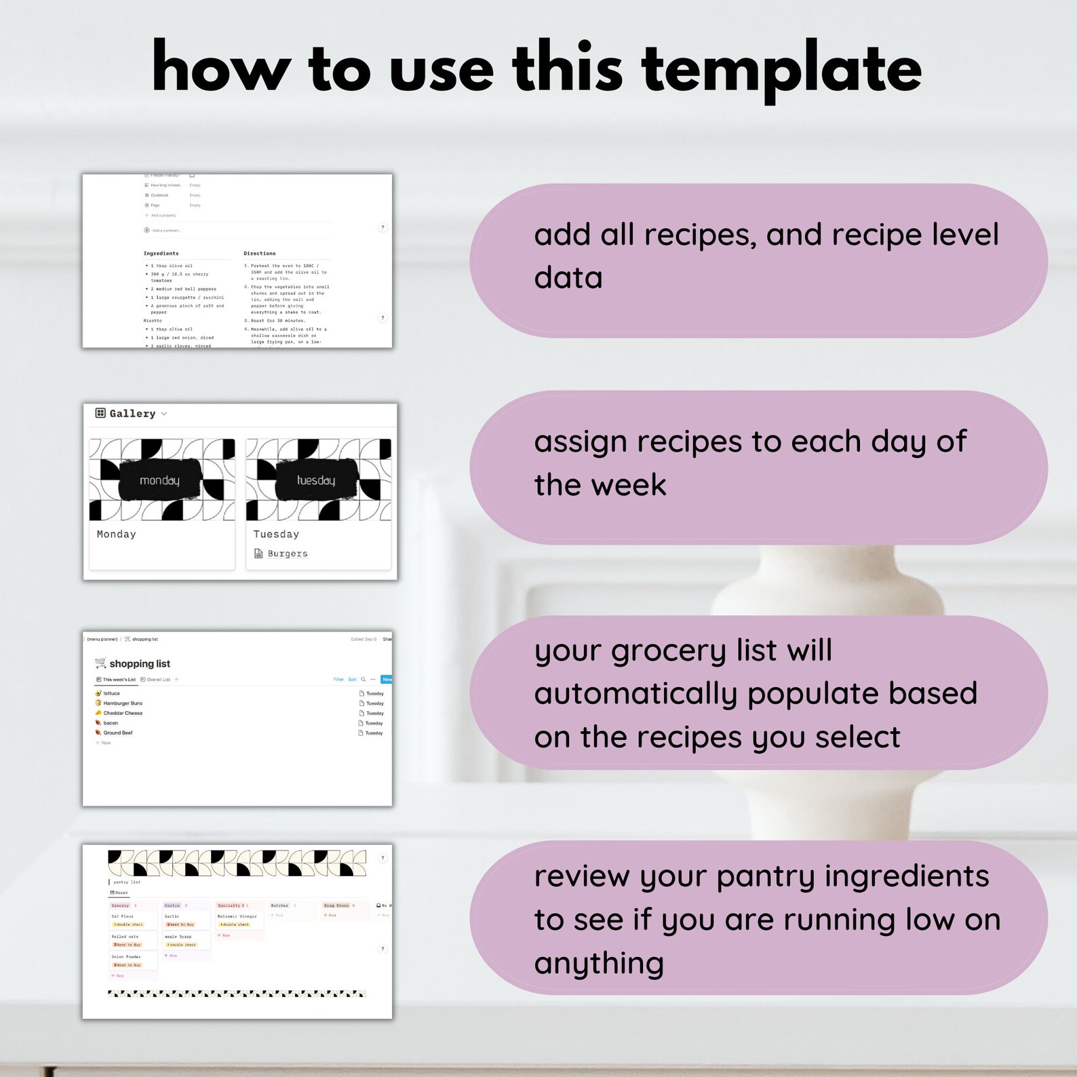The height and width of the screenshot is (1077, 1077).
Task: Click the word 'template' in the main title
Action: click(781, 68)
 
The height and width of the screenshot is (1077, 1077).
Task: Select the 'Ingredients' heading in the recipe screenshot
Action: click(161, 254)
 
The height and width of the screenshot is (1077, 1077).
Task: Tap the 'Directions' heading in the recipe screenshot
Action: click(260, 254)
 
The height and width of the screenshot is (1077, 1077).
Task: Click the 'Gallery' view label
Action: click(132, 414)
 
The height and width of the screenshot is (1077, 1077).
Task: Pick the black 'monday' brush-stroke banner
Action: click(160, 481)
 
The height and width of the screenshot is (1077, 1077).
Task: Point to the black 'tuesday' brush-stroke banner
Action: click(316, 481)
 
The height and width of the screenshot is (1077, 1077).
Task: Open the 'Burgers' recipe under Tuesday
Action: click(288, 554)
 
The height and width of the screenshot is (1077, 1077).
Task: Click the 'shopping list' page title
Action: click(140, 664)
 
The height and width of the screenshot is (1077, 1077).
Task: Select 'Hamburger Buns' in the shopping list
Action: click(123, 703)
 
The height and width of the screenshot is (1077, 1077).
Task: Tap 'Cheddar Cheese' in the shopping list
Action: click(123, 713)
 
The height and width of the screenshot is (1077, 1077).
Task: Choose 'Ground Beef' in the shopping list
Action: click(118, 733)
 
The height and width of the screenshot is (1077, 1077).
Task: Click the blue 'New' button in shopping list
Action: click(387, 680)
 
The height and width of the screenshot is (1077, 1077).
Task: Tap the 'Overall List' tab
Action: click(158, 680)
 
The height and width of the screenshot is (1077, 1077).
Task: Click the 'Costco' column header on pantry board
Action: click(172, 905)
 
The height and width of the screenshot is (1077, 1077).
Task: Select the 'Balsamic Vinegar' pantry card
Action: click(237, 917)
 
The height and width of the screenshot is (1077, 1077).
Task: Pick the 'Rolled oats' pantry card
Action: click(125, 937)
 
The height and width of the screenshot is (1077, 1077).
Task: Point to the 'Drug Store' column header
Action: click(336, 905)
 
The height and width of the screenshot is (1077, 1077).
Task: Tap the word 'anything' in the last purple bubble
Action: click(599, 963)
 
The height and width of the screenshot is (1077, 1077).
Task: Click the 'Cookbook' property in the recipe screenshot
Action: click(159, 195)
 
